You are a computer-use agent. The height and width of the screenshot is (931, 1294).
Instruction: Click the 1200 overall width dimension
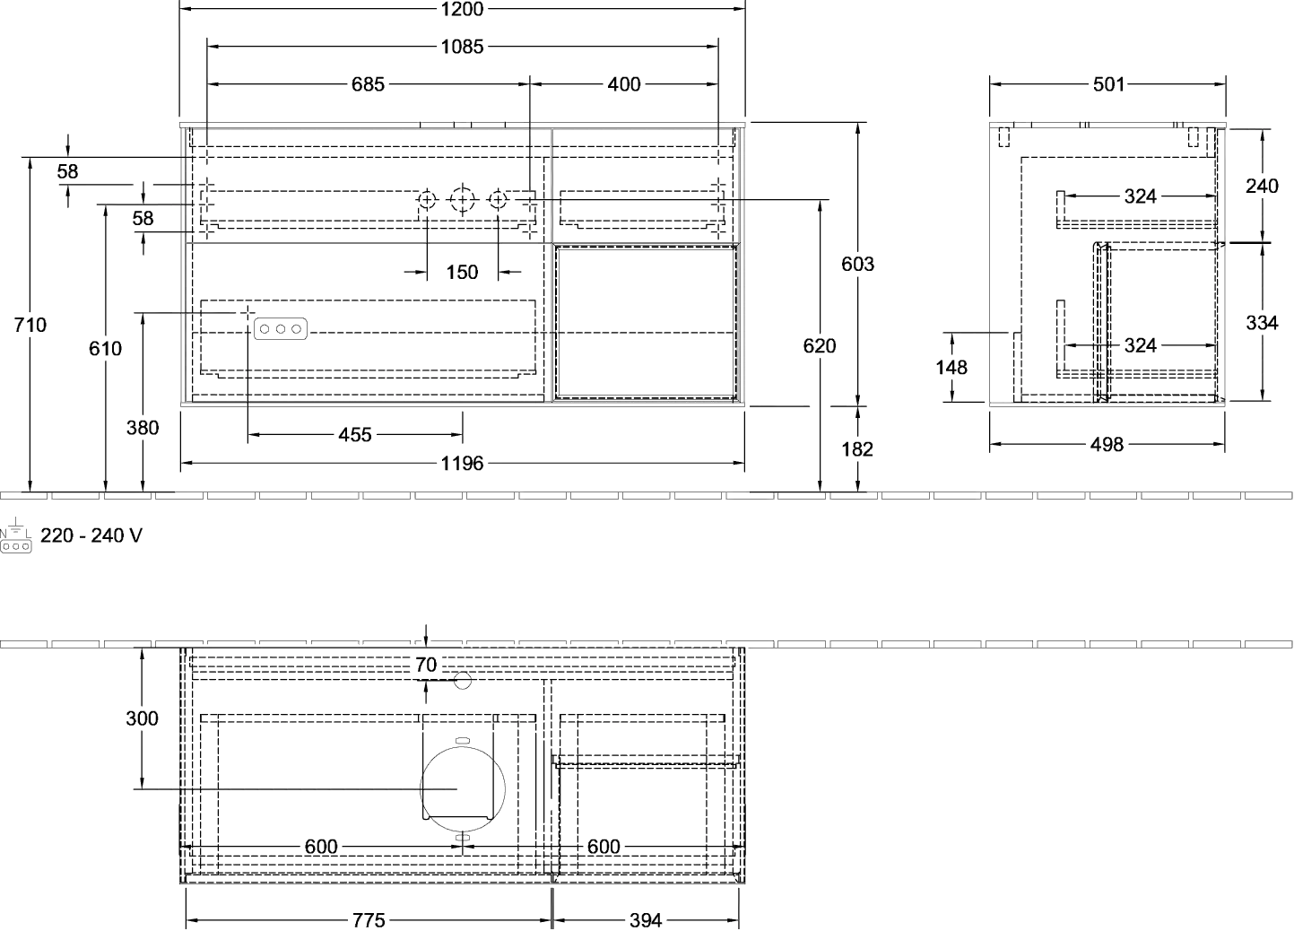point(462,9)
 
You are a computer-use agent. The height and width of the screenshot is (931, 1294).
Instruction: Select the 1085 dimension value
point(462,47)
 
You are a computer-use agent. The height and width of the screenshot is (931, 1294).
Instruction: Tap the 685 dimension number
point(368,84)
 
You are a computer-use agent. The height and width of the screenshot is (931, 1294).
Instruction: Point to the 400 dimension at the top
point(624,84)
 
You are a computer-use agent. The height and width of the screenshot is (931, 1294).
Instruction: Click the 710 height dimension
point(30,325)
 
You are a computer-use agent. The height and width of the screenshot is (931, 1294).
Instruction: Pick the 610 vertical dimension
point(105,349)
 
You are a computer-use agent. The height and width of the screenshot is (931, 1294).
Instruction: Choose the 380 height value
point(143,428)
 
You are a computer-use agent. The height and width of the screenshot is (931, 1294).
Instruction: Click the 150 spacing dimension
point(462,272)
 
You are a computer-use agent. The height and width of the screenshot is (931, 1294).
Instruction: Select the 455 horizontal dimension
point(355,435)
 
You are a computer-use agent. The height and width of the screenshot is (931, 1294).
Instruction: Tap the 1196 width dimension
point(462,463)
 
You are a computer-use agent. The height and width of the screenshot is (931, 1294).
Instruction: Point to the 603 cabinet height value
point(858,264)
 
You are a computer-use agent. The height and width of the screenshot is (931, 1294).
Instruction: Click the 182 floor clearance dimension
point(857,449)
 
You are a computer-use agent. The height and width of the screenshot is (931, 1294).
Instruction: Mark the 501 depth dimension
point(1109,84)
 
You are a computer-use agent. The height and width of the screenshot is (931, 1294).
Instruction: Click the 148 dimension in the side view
point(951,367)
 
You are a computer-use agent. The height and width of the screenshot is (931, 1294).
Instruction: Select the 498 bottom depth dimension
point(1107,444)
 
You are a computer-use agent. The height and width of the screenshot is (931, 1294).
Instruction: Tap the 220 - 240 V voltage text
point(91,535)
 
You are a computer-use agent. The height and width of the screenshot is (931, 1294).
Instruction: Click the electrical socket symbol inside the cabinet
point(281,329)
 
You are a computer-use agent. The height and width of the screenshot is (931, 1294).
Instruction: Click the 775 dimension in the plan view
point(369,919)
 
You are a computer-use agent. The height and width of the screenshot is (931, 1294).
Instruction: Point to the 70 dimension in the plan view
point(426,665)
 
